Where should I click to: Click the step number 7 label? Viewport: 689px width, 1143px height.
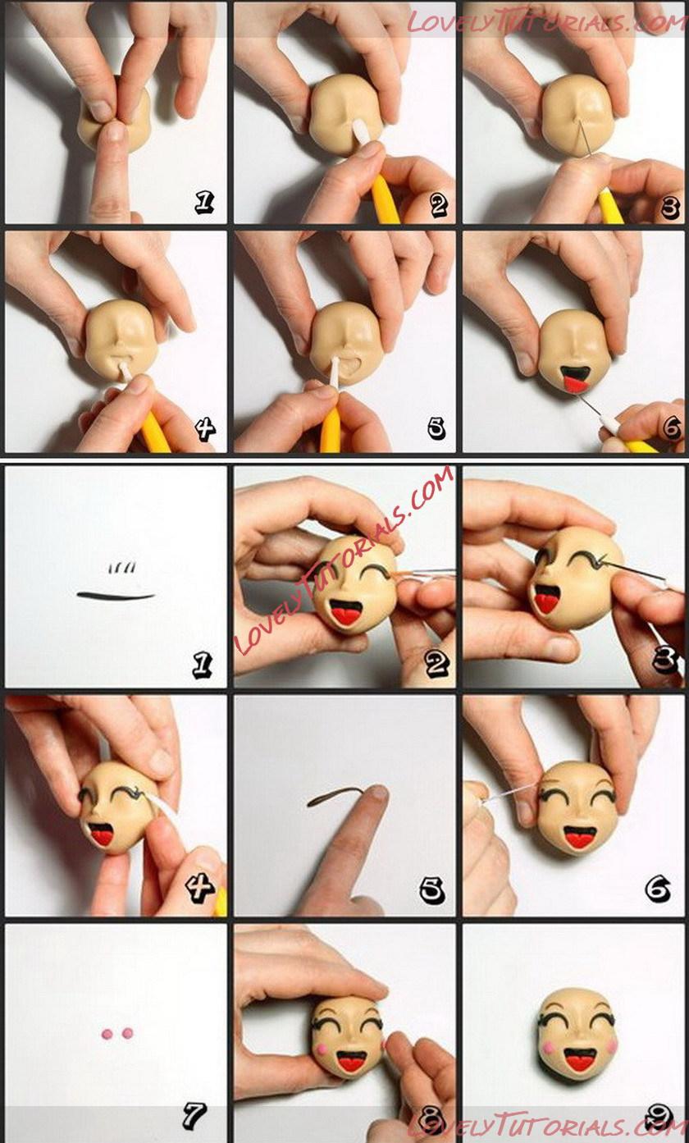[194, 1115]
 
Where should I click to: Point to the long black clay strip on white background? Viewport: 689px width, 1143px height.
[116, 595]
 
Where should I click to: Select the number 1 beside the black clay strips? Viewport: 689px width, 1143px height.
[203, 665]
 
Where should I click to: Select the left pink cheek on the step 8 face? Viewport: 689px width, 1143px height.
[322, 1047]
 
